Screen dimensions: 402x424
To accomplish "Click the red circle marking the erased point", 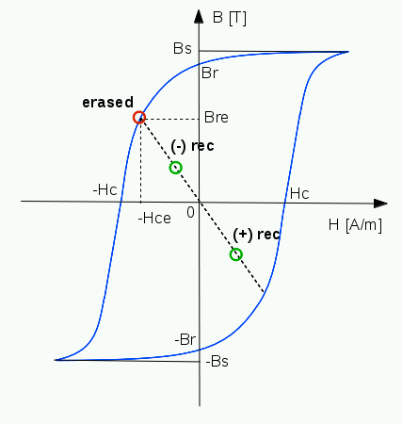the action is (139, 112).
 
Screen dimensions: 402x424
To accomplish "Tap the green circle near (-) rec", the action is (176, 162).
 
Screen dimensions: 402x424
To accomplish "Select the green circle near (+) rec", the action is (236, 249).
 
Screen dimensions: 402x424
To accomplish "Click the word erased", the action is (108, 103).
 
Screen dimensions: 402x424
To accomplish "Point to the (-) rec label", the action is (192, 146).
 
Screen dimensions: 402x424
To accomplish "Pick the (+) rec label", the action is (256, 235).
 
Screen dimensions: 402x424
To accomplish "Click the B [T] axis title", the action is (230, 18).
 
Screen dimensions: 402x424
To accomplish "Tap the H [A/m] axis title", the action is (355, 225).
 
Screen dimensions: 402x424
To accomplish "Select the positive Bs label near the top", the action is (183, 49).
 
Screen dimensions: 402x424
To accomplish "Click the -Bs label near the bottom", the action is (217, 361).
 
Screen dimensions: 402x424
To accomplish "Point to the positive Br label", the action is (210, 73).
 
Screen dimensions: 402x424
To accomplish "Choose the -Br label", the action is (185, 339).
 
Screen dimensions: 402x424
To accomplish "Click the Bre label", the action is (217, 118).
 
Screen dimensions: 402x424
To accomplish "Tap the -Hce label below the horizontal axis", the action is (154, 219).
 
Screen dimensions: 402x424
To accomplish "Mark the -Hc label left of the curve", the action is (105, 190).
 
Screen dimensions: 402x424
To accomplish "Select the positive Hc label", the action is (299, 193).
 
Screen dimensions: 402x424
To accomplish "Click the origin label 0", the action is (190, 213).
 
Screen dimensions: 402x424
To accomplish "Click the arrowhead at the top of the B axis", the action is (199, 16).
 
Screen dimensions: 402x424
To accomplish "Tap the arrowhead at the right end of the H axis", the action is (380, 204).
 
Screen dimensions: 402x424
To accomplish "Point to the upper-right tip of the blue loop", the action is (348, 52).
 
